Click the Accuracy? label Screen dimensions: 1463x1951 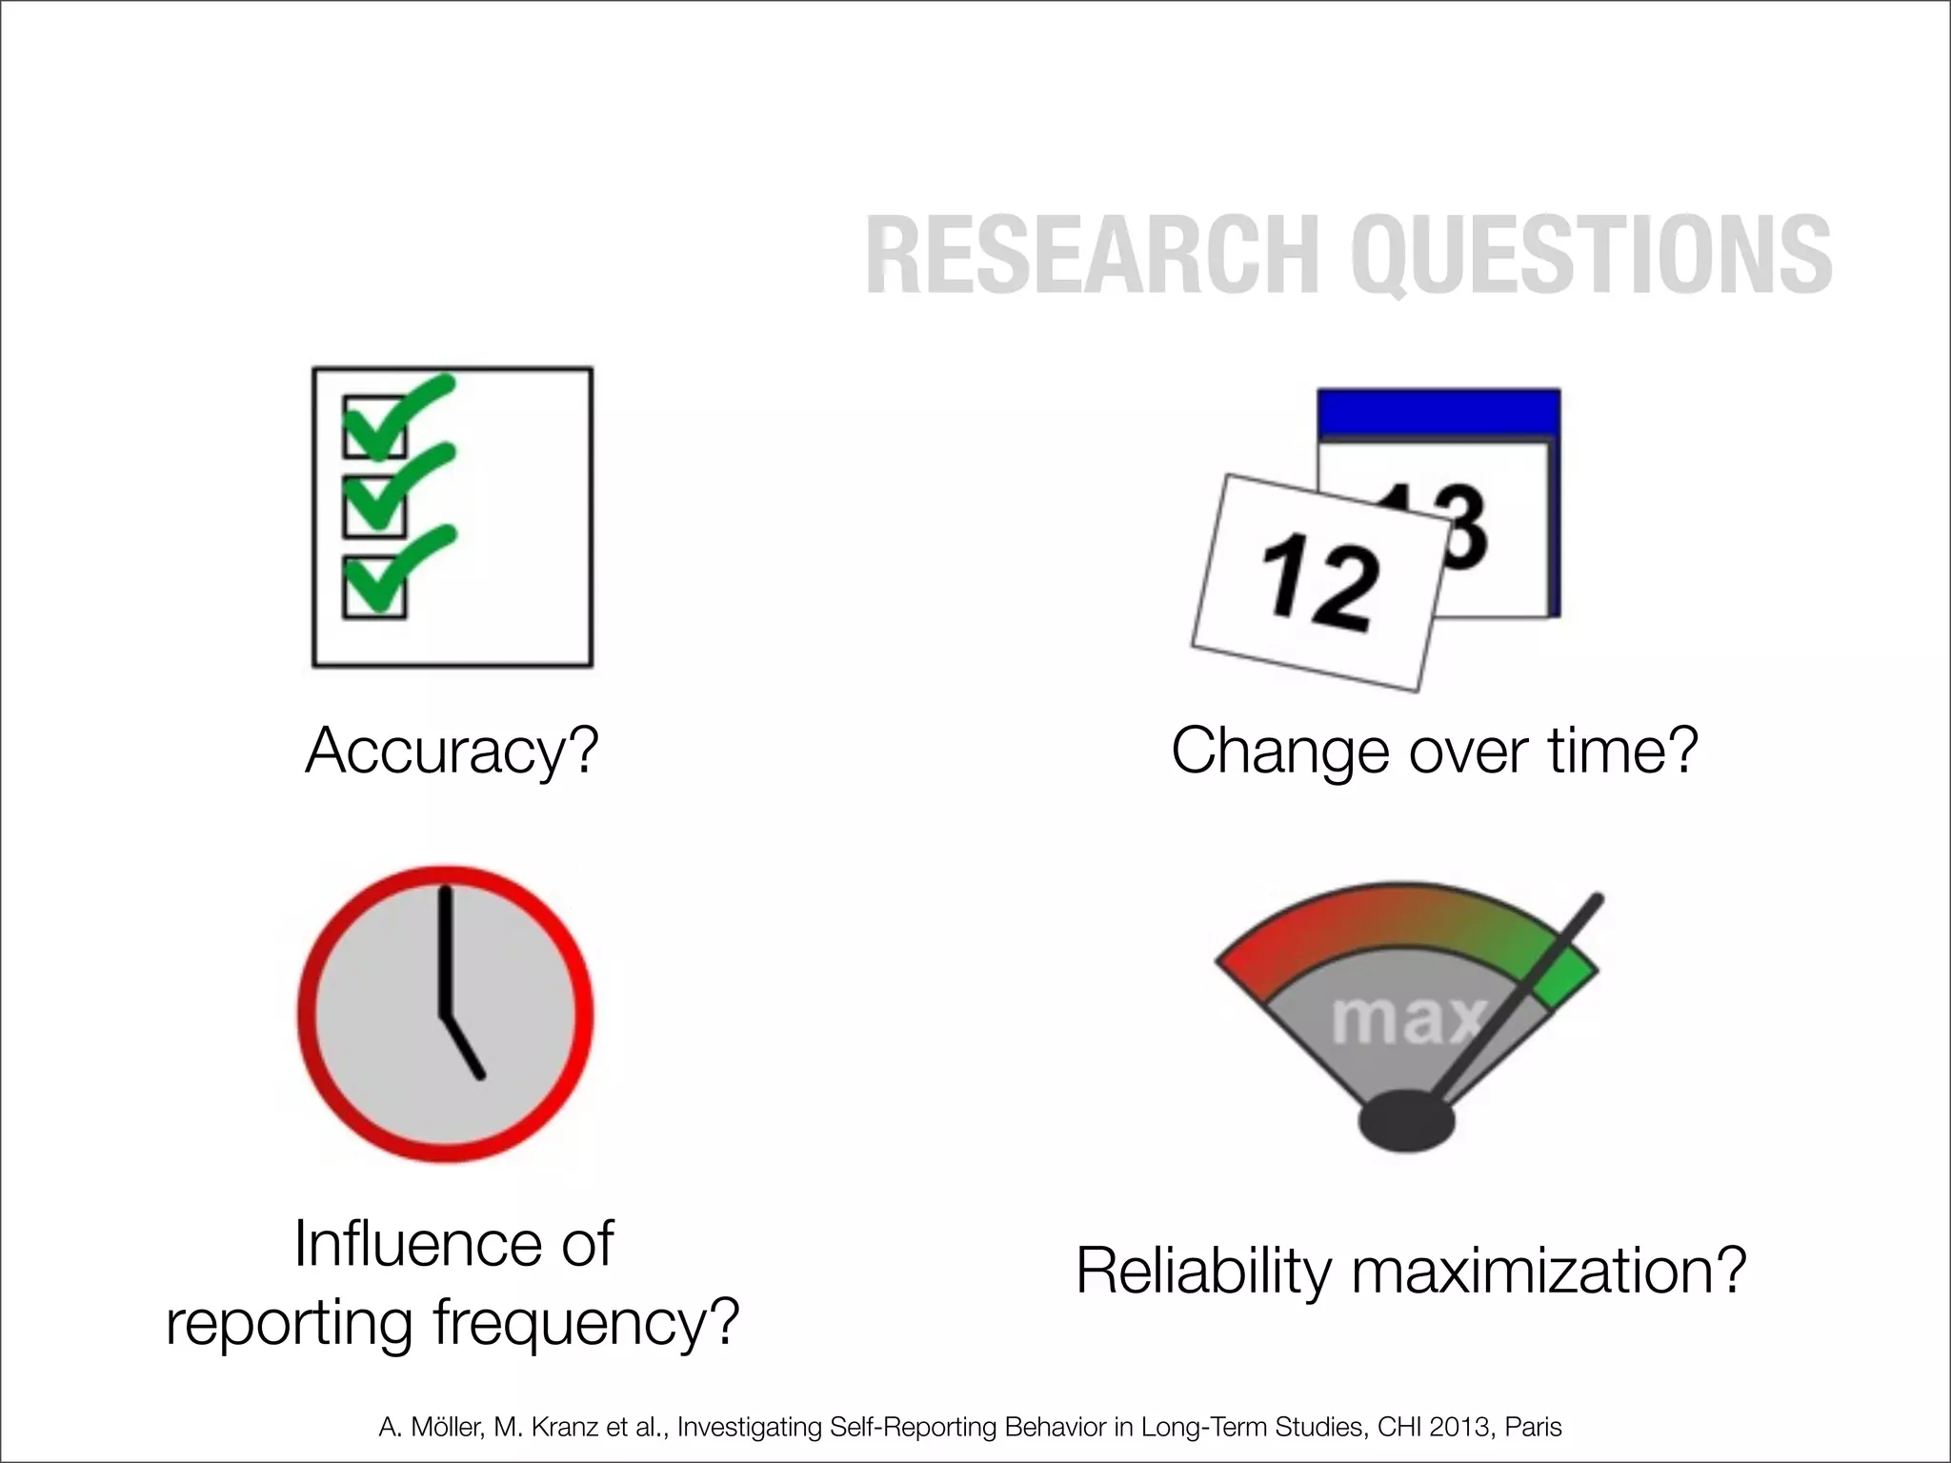pyautogui.click(x=452, y=752)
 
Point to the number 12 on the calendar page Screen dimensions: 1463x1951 pyautogui.click(x=1319, y=583)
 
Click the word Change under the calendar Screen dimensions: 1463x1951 pyautogui.click(x=1282, y=752)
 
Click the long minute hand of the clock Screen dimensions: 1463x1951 pyautogui.click(x=444, y=952)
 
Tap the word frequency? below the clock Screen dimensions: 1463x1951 pyautogui.click(x=586, y=1324)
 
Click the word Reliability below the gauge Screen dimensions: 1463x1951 pyautogui.click(x=1202, y=1272)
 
